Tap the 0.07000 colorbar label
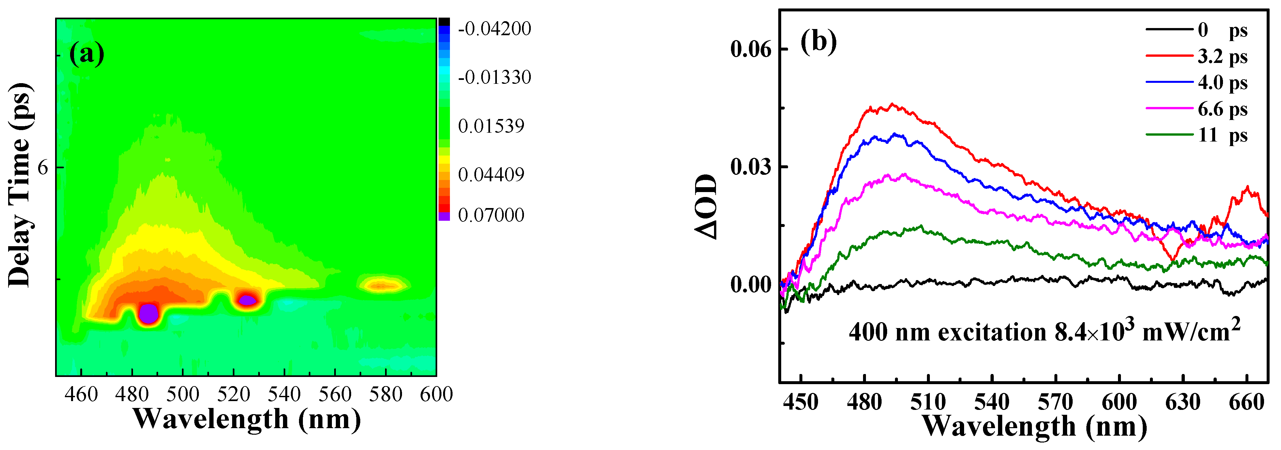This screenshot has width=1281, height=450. (491, 215)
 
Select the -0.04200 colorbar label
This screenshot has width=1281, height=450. (494, 29)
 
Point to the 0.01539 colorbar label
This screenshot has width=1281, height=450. (491, 126)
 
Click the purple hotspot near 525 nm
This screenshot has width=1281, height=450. (247, 300)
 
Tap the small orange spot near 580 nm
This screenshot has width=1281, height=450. (382, 285)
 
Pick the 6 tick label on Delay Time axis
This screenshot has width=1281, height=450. (43, 168)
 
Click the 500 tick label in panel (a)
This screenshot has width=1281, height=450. (183, 394)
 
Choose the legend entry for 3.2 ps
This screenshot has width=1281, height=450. (1222, 57)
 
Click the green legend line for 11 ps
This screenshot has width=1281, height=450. (1169, 135)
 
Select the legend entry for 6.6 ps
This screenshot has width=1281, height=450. (1222, 109)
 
